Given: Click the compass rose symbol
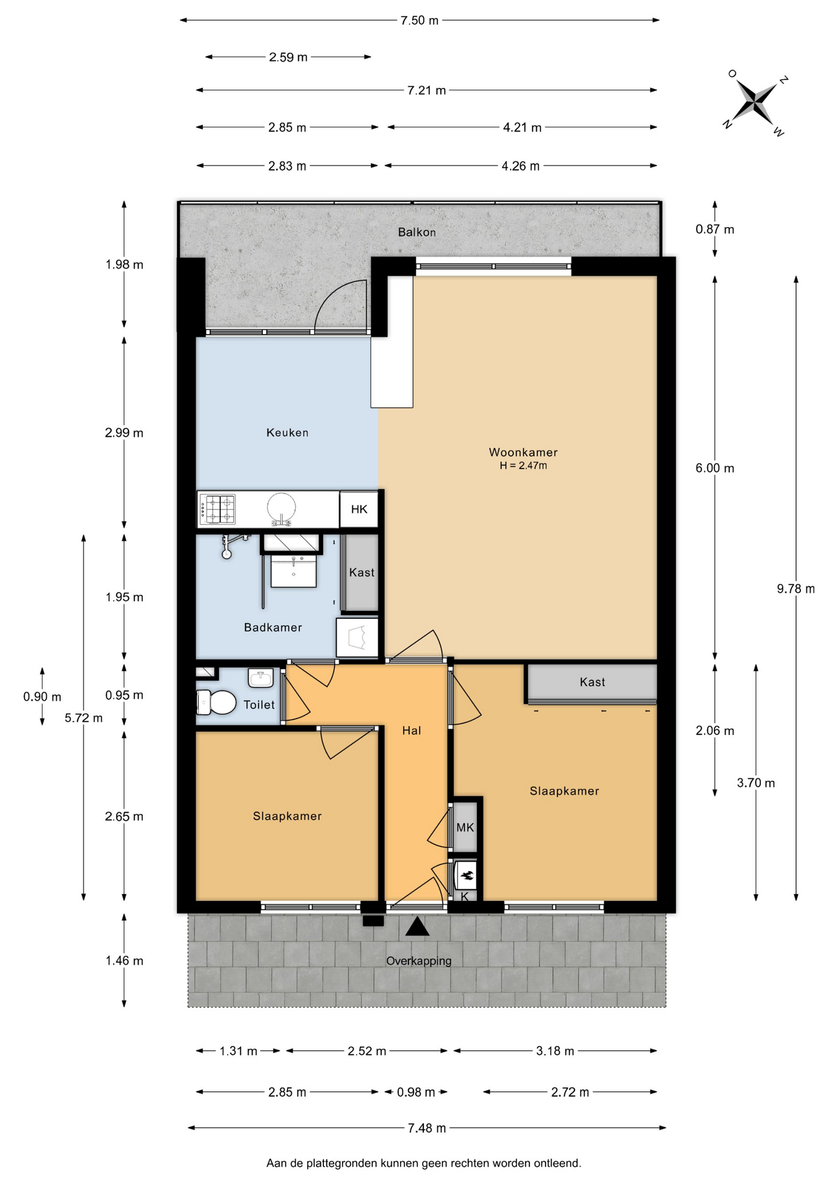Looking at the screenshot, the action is [x=755, y=102].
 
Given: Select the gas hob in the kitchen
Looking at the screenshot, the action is [x=217, y=509].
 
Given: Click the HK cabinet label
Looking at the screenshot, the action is [x=359, y=509].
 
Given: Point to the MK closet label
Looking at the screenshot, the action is [x=465, y=827].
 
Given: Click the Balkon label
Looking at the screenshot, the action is [x=417, y=232].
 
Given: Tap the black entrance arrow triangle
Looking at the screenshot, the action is [x=417, y=926].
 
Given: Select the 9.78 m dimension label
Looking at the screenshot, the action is [x=796, y=589].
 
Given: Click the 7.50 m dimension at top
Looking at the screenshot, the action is [x=420, y=20].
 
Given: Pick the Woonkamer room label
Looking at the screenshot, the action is [x=523, y=452].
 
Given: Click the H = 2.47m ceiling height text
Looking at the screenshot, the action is [x=523, y=466].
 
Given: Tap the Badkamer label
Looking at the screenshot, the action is [x=273, y=628].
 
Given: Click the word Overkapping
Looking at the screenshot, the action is [x=419, y=961].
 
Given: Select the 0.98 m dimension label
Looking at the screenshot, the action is [x=416, y=1092].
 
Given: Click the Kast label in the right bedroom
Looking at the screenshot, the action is [x=592, y=682].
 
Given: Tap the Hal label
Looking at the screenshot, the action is [x=412, y=731].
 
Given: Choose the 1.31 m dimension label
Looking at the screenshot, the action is [x=238, y=1051].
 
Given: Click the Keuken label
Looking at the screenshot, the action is [x=288, y=433].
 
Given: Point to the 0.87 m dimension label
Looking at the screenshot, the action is [x=715, y=230].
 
